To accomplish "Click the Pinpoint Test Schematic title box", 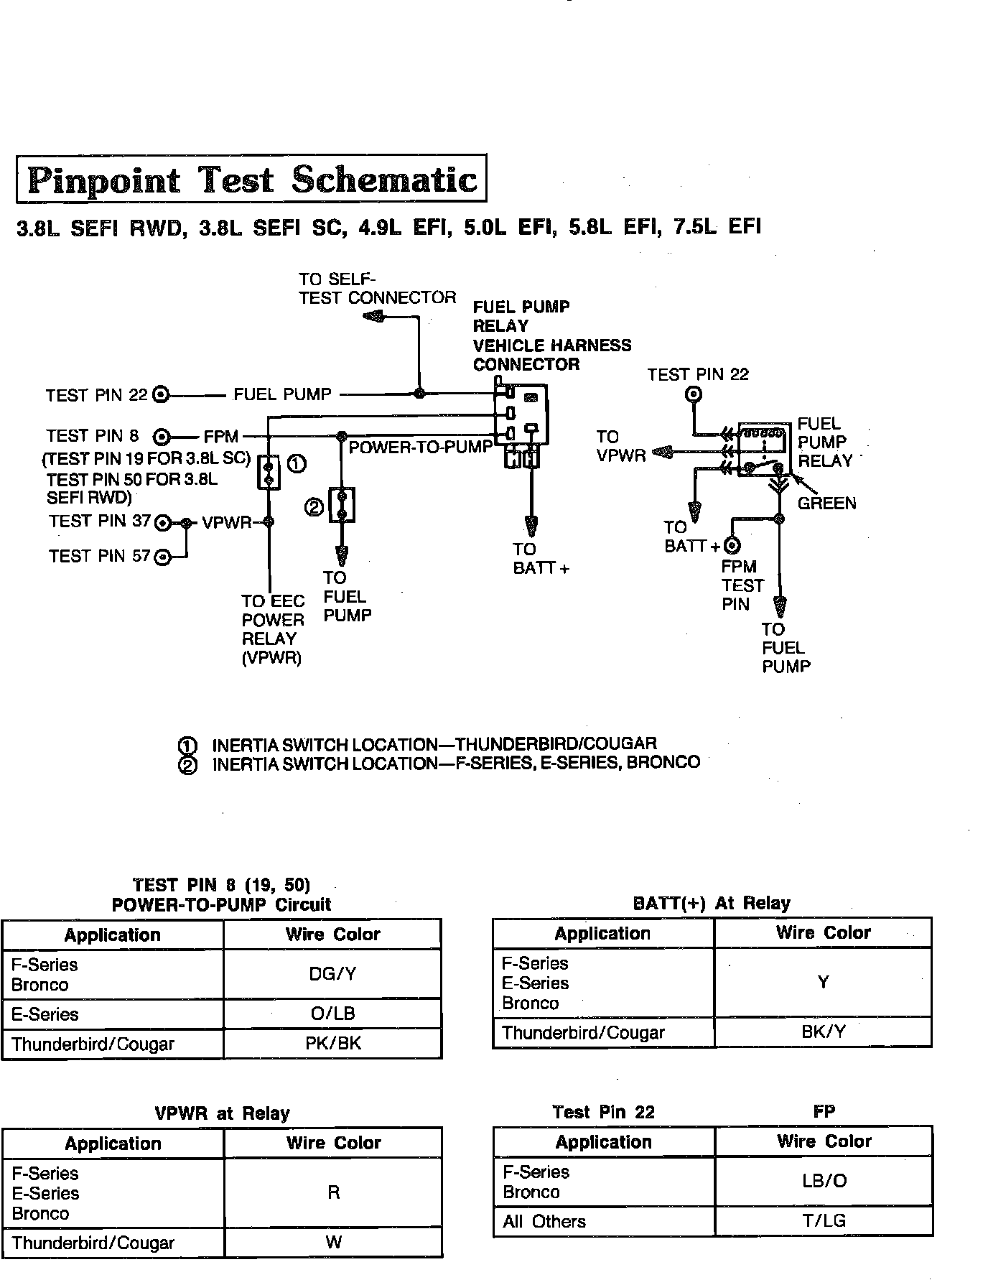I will click(x=251, y=179).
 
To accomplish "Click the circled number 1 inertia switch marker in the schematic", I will click(x=297, y=464).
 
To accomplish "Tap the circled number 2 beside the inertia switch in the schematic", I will click(x=314, y=508).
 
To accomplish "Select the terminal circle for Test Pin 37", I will click(x=164, y=522).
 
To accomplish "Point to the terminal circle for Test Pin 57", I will click(x=164, y=557).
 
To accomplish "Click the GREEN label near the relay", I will click(x=826, y=504).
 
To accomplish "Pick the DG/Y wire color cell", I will click(x=332, y=974).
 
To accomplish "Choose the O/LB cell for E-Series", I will click(x=332, y=1014).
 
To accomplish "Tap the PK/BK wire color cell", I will click(x=332, y=1044).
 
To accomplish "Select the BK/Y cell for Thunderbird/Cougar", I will click(x=823, y=1032).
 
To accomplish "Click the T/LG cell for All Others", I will click(x=824, y=1221).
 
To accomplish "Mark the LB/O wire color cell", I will click(x=824, y=1181).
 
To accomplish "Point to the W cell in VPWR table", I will click(x=333, y=1243).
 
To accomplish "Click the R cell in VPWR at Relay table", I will click(x=333, y=1192).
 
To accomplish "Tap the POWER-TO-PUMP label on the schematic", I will click(x=421, y=447).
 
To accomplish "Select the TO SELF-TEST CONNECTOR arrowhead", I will click(x=373, y=317).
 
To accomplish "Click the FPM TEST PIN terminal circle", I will click(x=733, y=546).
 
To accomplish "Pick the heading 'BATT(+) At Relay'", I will click(x=712, y=903).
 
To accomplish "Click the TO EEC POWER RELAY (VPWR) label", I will click(x=272, y=629).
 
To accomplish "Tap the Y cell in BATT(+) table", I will click(x=823, y=982).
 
